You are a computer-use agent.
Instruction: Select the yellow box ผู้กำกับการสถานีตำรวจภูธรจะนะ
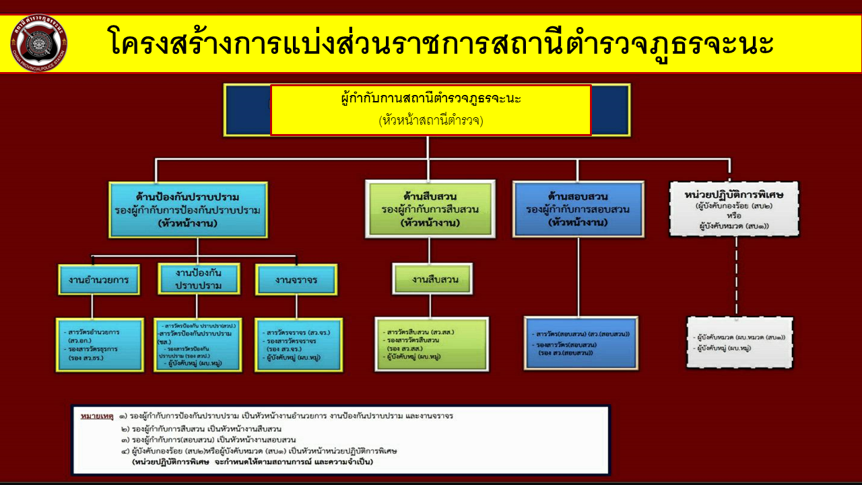click(431, 110)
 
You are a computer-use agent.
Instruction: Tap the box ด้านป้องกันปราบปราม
click(188, 209)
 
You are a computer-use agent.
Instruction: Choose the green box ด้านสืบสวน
click(430, 209)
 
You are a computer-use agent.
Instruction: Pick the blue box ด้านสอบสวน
click(578, 209)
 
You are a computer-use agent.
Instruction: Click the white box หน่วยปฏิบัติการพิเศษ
click(734, 209)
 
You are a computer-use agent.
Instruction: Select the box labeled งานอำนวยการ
click(99, 279)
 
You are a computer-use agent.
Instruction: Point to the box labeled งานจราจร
click(296, 279)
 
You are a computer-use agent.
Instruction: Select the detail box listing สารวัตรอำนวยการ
click(99, 344)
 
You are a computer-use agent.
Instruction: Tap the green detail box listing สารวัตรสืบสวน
click(432, 344)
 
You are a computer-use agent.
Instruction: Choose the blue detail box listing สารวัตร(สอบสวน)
click(581, 342)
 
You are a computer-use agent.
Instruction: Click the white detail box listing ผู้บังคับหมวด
click(739, 342)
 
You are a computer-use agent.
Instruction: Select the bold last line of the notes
click(253, 463)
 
